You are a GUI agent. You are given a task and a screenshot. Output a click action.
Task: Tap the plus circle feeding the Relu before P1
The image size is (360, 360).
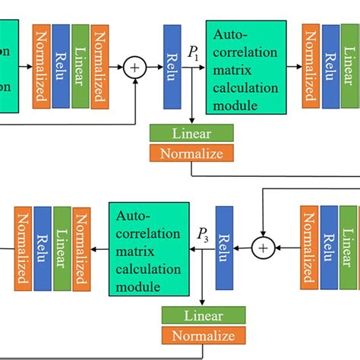pos(136,68)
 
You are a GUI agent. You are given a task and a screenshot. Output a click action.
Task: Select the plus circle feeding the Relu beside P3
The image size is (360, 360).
pos(263,248)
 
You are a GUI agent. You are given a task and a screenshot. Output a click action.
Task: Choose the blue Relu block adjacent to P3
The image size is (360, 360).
pos(224,248)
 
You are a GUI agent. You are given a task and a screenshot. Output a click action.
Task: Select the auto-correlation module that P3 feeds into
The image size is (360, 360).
pos(149,248)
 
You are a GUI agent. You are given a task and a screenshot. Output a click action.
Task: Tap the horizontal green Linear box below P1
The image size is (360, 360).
pos(192,133)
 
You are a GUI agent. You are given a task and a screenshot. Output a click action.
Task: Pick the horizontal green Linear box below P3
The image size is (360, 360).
pos(204,315)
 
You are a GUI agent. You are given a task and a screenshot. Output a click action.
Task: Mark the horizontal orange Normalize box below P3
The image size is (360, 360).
pos(204,335)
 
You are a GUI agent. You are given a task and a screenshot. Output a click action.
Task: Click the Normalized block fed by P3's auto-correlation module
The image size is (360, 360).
pos(81,248)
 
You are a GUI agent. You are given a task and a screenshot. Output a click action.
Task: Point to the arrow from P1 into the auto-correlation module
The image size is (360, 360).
pos(196,68)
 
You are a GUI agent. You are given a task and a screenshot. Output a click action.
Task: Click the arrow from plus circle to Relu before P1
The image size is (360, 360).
pos(153,68)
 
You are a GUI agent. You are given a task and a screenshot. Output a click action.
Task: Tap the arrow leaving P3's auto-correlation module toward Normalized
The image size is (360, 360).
pos(99,248)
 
